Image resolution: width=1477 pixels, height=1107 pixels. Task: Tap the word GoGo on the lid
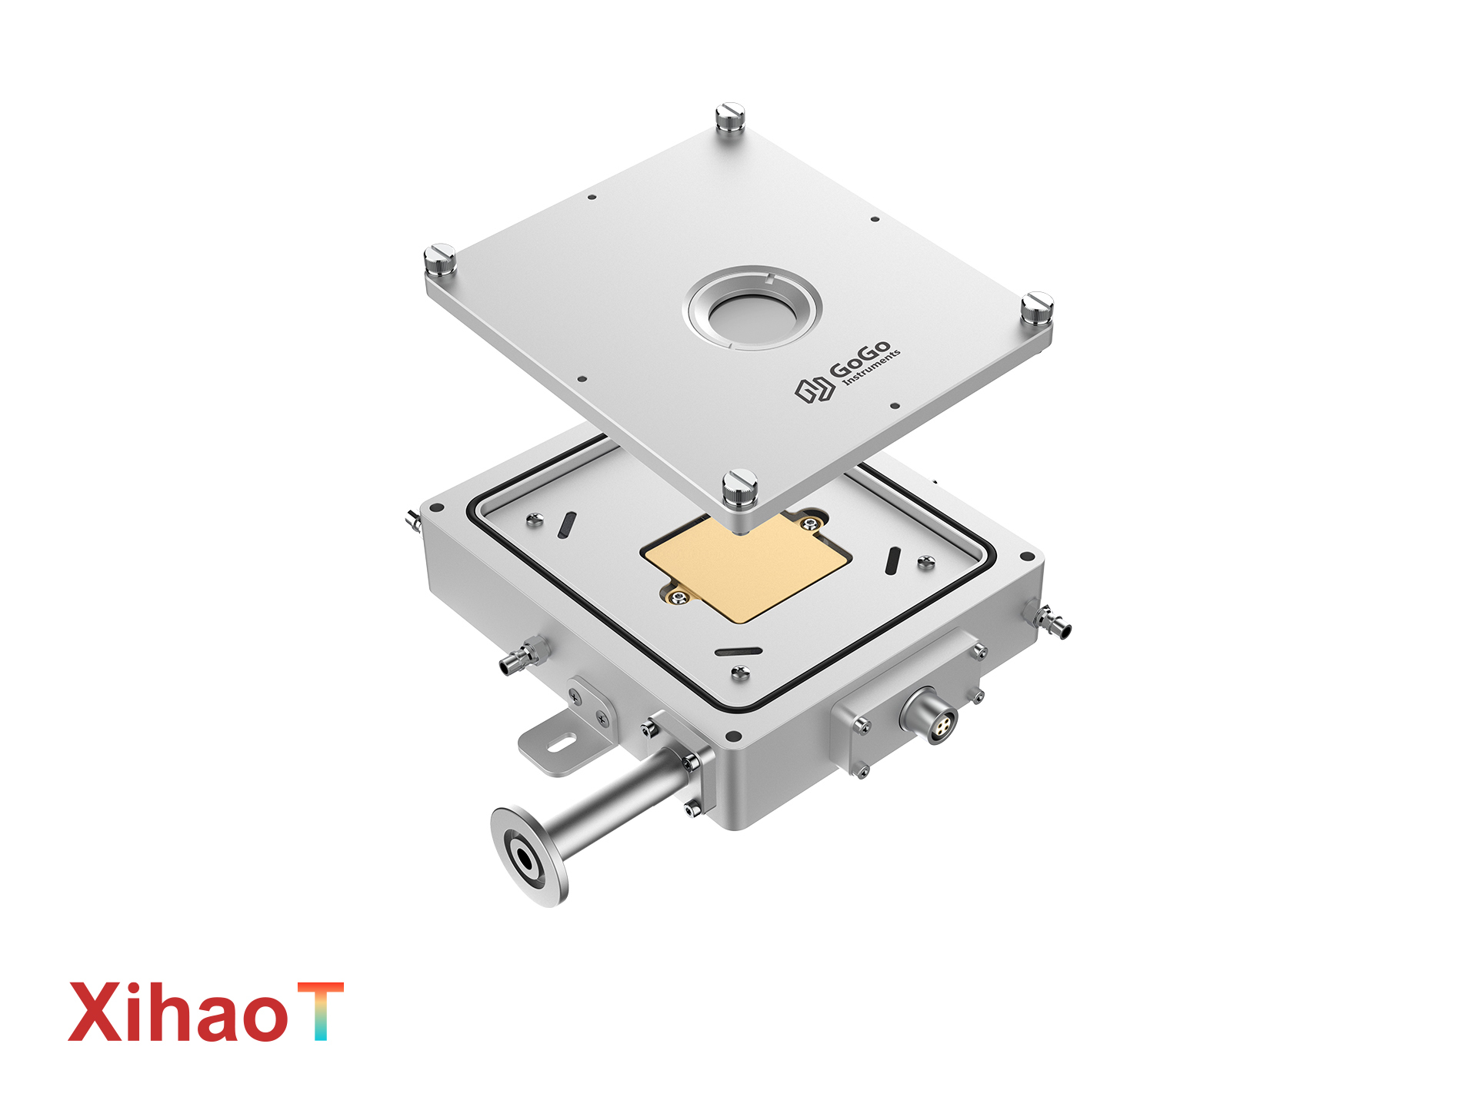tap(860, 359)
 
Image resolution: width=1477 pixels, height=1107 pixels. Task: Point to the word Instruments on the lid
tap(872, 367)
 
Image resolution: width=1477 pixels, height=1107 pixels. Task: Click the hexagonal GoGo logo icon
tap(815, 389)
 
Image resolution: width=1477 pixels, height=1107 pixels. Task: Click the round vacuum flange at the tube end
tap(529, 856)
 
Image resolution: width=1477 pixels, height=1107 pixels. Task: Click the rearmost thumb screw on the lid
tap(729, 121)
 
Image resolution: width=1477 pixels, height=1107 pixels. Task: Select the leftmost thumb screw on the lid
tap(439, 261)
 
